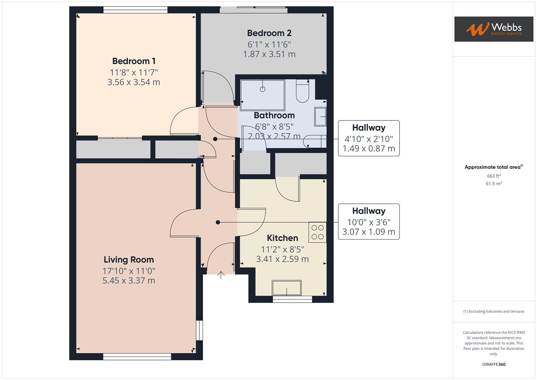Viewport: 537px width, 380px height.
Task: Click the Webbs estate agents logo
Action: click(x=493, y=29)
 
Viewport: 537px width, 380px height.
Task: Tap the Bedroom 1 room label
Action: click(x=134, y=61)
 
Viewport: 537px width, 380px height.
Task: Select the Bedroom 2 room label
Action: click(x=269, y=33)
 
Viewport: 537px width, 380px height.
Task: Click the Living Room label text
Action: click(x=129, y=260)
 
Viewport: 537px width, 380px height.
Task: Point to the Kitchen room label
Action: click(x=282, y=238)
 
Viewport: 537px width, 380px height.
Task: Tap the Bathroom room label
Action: click(x=274, y=115)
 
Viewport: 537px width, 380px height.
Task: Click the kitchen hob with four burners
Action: click(x=318, y=232)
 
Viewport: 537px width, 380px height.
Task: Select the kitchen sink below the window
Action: click(x=287, y=288)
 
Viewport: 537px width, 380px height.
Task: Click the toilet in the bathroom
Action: click(x=302, y=91)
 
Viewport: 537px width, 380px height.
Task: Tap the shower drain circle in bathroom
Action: click(x=262, y=89)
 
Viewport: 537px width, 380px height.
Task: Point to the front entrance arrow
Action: click(x=221, y=275)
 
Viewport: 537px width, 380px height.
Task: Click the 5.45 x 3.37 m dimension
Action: click(x=129, y=280)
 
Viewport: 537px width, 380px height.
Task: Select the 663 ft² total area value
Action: click(x=494, y=176)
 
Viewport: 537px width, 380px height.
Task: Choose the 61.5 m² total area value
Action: click(x=494, y=184)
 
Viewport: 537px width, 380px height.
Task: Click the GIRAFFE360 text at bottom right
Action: click(x=494, y=364)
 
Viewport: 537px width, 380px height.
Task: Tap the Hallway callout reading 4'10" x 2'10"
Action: click(x=369, y=138)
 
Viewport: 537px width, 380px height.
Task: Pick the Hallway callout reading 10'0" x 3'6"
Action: click(x=369, y=222)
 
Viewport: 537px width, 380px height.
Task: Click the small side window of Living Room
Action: click(x=199, y=330)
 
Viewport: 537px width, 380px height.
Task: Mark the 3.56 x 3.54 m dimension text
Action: click(x=134, y=82)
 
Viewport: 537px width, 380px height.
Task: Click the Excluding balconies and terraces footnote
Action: click(x=494, y=311)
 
